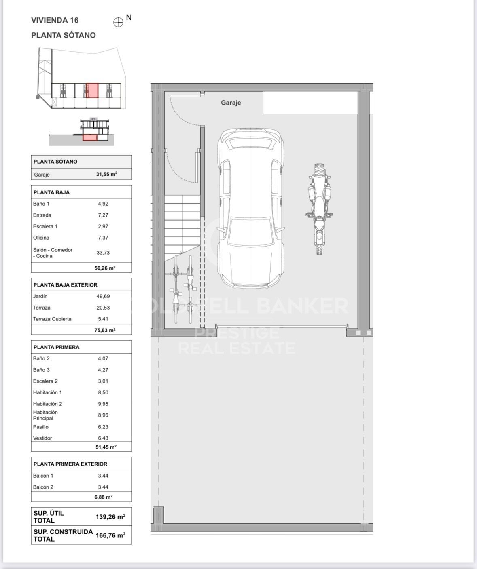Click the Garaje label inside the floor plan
[231, 103]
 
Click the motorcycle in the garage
[319, 209]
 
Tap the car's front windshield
[250, 231]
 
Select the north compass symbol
[118, 22]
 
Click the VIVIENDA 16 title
[55, 20]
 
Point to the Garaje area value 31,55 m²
[107, 174]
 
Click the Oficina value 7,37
[103, 238]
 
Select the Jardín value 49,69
[103, 296]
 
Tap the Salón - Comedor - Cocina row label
[53, 253]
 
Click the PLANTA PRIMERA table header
[57, 347]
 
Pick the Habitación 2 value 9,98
[103, 404]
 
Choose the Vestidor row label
[42, 438]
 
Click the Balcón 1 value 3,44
[103, 476]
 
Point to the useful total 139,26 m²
[110, 517]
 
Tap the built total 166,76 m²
[110, 535]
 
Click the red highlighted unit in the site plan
[92, 91]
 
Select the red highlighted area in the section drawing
[90, 138]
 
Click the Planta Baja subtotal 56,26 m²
[105, 268]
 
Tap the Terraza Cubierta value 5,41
[103, 319]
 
